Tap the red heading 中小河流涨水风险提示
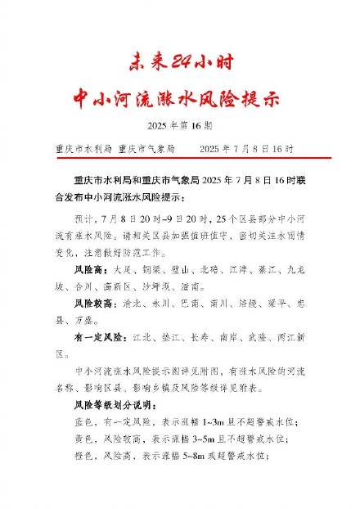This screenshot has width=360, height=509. pos(180,98)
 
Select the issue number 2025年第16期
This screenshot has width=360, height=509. pos(180,126)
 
